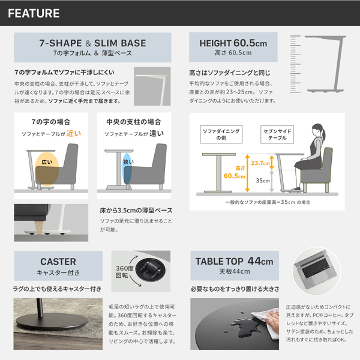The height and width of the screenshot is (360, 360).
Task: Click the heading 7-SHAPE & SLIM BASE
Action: pyautogui.click(x=92, y=43)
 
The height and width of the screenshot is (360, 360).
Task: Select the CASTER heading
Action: pyautogui.click(x=58, y=262)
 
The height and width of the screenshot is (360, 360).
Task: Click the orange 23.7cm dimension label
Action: pyautogui.click(x=260, y=163)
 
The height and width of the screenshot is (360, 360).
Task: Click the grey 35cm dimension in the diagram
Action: pyautogui.click(x=261, y=179)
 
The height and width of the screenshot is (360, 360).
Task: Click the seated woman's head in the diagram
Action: pyautogui.click(x=316, y=128)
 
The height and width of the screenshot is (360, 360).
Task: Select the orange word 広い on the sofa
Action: pyautogui.click(x=47, y=162)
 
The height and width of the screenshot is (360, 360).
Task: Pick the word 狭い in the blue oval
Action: pyautogui.click(x=128, y=161)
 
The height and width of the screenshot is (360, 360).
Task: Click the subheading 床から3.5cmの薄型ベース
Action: pyautogui.click(x=136, y=211)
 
